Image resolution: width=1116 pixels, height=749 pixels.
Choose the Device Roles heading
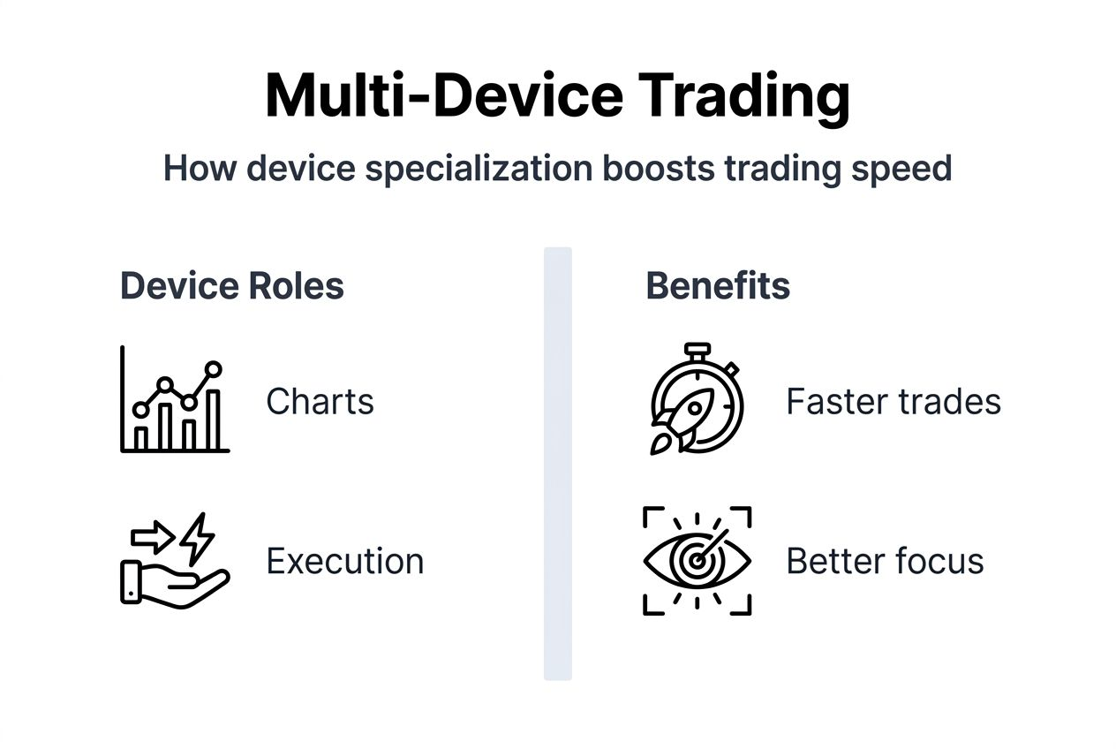tap(232, 286)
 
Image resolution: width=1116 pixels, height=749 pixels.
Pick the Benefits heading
tap(718, 286)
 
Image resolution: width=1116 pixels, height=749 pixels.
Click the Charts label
tap(320, 402)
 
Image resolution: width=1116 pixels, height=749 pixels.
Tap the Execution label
tap(344, 561)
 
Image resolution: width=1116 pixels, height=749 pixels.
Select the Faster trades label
tap(893, 402)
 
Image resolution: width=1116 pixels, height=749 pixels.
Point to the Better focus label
tap(885, 561)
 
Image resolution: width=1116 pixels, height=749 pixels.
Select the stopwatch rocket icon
tap(697, 399)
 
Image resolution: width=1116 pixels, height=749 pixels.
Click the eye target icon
tap(697, 561)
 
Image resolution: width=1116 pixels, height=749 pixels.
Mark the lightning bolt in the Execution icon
tap(196, 536)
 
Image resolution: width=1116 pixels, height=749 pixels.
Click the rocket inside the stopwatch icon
tap(683, 420)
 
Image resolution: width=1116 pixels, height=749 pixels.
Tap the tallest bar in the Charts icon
tap(212, 419)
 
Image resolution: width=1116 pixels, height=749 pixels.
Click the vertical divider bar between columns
tap(557, 464)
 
